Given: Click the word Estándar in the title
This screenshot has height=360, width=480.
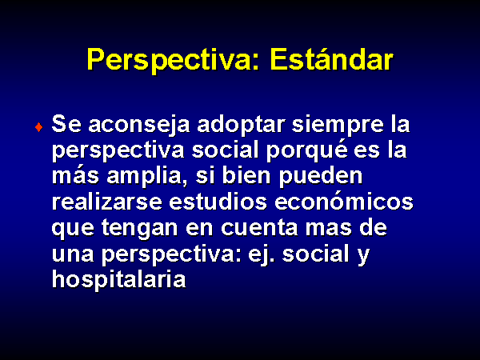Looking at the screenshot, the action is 331,59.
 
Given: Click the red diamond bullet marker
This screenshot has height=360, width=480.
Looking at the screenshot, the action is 39,126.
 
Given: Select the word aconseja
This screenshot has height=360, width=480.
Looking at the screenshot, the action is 139,125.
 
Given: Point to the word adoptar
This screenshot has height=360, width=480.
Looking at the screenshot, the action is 241,125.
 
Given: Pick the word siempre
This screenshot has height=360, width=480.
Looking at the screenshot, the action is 338,125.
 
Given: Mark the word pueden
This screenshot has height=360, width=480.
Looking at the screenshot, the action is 321,177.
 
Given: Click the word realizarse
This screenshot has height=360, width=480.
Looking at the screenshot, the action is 107,202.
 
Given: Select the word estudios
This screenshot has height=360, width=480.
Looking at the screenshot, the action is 218,202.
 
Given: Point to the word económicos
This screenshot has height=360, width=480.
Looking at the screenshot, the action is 344,202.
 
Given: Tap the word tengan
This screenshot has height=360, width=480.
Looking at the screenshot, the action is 139,229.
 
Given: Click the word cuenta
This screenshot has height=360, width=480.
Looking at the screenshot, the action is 259,228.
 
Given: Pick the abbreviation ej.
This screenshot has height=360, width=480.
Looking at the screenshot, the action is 261,254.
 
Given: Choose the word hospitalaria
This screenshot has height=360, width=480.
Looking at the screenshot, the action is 118,280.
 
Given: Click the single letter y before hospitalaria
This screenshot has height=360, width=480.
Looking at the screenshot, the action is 363,257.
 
